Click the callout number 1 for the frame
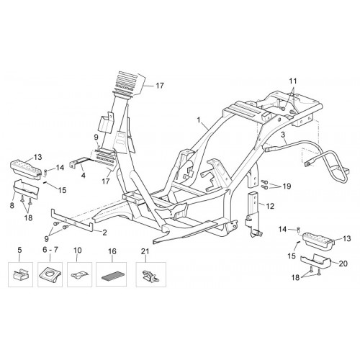click(x=199, y=120)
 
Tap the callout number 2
click(x=104, y=233)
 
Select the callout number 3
click(x=283, y=135)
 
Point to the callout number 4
click(x=83, y=176)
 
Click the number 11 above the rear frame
click(x=293, y=81)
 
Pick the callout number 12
click(x=270, y=206)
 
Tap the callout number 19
click(x=287, y=186)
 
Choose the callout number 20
click(x=343, y=264)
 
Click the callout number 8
click(x=12, y=205)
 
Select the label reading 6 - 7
click(x=50, y=250)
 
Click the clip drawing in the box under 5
click(x=20, y=275)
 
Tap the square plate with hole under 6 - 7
click(x=50, y=275)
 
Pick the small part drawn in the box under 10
click(x=79, y=275)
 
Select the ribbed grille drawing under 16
click(x=111, y=276)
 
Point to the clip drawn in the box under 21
click(x=150, y=276)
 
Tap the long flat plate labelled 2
click(x=72, y=220)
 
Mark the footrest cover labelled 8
click(x=26, y=189)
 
